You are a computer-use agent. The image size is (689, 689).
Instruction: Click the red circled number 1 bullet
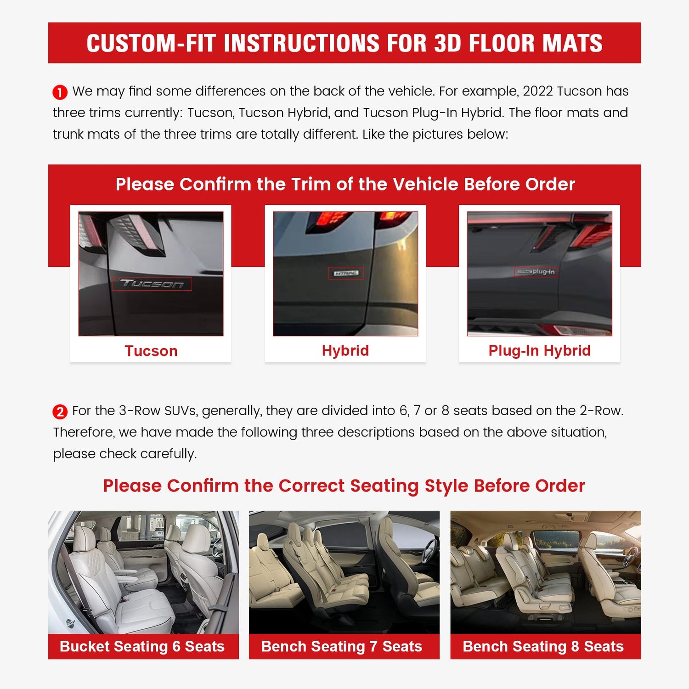60,92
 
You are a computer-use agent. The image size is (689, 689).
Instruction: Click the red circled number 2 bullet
60,412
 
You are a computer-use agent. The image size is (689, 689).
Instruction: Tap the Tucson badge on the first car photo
152,284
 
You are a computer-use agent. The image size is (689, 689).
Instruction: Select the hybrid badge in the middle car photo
346,273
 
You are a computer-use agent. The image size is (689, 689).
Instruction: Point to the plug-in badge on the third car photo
536,272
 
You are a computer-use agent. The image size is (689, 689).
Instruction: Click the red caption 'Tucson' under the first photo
151,351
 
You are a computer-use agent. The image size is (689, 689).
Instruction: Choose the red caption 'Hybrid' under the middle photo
345,350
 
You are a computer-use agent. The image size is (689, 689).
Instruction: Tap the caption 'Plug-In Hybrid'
539,350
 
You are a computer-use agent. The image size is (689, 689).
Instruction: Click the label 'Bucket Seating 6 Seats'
142,646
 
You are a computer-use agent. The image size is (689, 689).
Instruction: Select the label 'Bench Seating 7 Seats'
341,646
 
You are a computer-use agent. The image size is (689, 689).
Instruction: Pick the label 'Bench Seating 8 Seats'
543,646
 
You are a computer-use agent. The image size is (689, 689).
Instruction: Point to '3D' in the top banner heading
447,43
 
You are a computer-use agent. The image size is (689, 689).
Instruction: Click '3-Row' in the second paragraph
135,411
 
